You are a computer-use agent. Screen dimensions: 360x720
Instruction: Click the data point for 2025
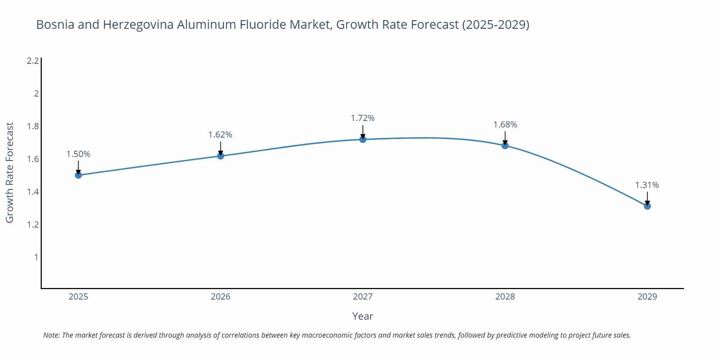(x=78, y=175)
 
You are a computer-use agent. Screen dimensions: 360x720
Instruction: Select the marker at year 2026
(x=221, y=156)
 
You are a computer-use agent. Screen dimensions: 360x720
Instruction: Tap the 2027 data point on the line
(x=363, y=139)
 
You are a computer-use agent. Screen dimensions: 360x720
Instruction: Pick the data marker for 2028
(x=505, y=145)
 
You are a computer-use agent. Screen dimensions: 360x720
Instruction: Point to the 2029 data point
(x=647, y=206)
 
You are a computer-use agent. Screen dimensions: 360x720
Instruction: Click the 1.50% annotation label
(x=78, y=154)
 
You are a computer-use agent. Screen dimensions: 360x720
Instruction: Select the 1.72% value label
(x=363, y=118)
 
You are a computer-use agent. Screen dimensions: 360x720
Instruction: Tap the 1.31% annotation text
(x=647, y=185)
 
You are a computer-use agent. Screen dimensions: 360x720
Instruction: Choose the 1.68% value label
(x=505, y=125)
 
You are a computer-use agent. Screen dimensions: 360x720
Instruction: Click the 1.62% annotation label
(x=220, y=135)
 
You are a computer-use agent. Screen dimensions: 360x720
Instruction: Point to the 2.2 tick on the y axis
(x=33, y=61)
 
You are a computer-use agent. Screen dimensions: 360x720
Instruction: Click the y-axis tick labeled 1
(x=36, y=257)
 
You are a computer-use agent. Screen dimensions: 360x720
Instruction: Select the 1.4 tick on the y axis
(x=33, y=192)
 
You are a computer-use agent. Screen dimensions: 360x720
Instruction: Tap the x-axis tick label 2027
(x=363, y=297)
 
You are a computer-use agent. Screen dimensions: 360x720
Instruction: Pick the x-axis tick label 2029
(x=647, y=297)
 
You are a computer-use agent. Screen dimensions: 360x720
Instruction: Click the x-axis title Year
(x=363, y=316)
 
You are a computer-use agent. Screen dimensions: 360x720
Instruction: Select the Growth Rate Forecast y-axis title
(x=10, y=172)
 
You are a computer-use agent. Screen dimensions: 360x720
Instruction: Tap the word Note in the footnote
(x=51, y=335)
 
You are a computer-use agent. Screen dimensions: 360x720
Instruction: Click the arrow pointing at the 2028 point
(x=505, y=138)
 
